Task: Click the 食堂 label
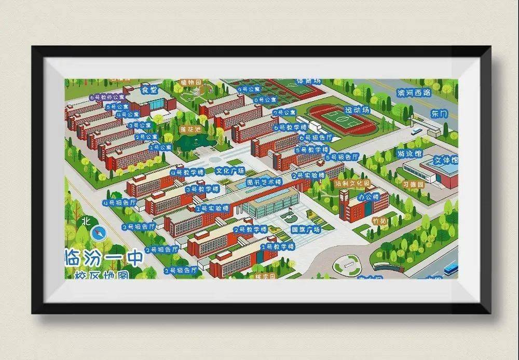(x=149, y=89)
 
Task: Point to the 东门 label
(x=439, y=114)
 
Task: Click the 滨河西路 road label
(x=414, y=93)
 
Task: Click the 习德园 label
(x=413, y=184)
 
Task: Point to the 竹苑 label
(x=379, y=220)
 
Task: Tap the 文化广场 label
(x=229, y=170)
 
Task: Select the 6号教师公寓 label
(x=107, y=96)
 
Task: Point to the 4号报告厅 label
(x=119, y=203)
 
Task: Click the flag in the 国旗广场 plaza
(x=290, y=211)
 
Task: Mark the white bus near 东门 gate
(x=416, y=131)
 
